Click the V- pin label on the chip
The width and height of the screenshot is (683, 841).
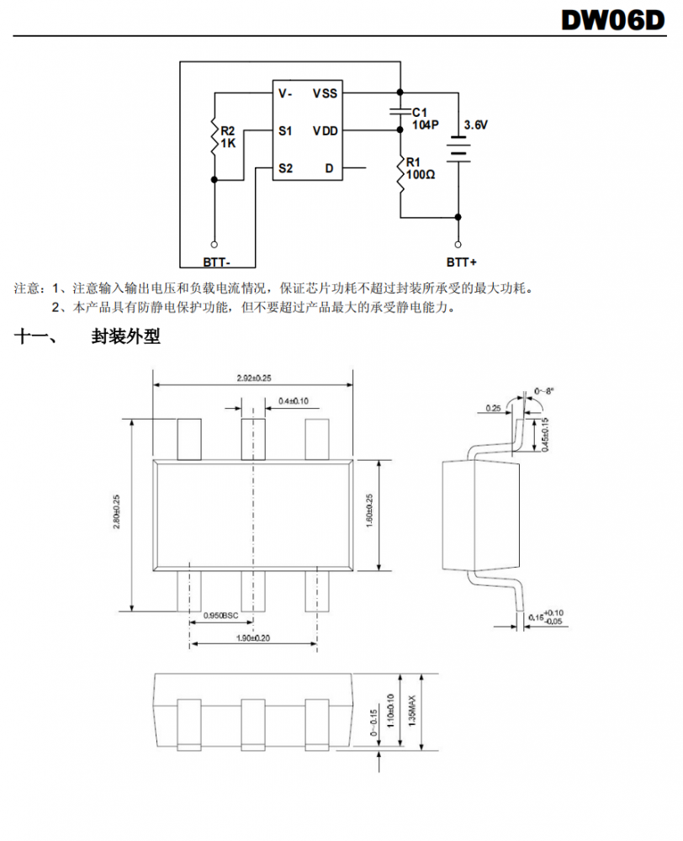tap(286, 93)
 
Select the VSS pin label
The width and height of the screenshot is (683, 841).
tap(326, 93)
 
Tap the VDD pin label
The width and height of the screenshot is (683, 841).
tap(326, 131)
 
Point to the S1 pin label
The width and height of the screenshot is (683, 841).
tap(286, 131)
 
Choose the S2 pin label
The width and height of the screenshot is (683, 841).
tap(286, 169)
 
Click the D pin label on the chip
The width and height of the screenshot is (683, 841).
tap(329, 169)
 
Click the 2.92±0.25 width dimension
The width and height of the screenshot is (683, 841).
tap(254, 378)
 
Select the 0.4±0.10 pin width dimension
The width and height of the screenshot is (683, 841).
tap(293, 401)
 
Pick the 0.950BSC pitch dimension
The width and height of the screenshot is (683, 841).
tap(221, 616)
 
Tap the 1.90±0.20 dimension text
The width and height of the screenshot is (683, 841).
tap(254, 638)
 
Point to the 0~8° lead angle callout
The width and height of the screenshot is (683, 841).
tap(545, 391)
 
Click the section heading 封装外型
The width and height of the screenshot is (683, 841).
tap(125, 337)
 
